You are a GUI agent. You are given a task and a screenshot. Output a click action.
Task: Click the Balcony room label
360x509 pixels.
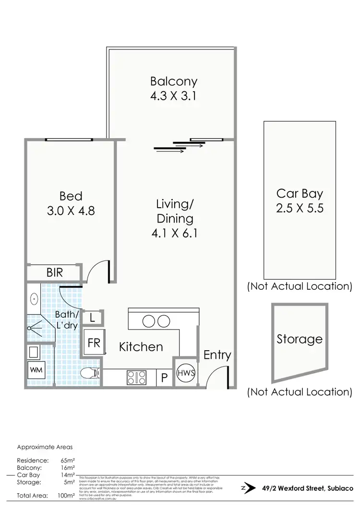click(x=173, y=81)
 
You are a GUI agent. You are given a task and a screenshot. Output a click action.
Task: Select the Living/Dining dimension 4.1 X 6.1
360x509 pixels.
click(x=175, y=233)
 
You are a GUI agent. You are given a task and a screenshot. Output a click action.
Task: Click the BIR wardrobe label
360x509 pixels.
click(x=54, y=272)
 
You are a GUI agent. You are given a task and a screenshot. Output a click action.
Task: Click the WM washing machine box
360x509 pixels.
click(x=36, y=371)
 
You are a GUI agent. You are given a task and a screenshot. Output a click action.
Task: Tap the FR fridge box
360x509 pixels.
click(x=93, y=343)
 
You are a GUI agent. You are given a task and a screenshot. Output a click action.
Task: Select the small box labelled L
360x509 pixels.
click(x=93, y=317)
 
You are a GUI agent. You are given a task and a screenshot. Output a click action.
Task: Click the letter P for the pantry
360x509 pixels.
click(x=164, y=378)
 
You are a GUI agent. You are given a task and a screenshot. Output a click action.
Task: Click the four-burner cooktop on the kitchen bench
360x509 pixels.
click(x=136, y=378)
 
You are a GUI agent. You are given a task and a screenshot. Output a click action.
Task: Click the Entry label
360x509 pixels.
click(x=217, y=355)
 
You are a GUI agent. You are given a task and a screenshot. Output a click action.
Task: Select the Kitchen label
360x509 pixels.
click(x=141, y=346)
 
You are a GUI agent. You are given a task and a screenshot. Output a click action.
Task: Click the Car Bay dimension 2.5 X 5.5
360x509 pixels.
click(x=300, y=210)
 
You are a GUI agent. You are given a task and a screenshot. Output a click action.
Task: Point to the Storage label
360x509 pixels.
click(x=300, y=339)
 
